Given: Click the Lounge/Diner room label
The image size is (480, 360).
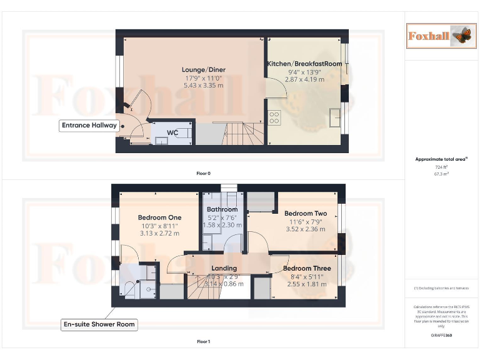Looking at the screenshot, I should point(203,69).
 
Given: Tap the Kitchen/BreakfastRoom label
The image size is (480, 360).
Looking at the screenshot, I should point(304,64).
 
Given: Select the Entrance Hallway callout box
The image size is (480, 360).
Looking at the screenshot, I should point(89,125).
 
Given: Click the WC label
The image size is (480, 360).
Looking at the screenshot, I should point(172,132).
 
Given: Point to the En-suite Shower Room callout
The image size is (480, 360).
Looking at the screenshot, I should point(99,324).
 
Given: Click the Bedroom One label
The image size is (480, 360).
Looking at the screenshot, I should point(159,217).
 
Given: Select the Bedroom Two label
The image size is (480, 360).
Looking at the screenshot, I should point(306,213).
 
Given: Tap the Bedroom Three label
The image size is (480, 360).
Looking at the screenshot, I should point(307,268).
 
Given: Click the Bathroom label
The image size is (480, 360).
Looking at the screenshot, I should point(222,209).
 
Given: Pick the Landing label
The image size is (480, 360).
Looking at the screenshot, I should point(224,268).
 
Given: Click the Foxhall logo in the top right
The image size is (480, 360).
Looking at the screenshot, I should point(438,36).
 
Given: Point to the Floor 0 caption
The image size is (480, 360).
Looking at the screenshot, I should point(203,173).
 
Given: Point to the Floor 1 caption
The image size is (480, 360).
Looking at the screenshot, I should point(203,342).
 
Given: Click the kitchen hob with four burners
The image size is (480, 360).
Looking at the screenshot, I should point(274,117).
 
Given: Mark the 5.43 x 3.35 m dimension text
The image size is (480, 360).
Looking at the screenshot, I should point(203,85).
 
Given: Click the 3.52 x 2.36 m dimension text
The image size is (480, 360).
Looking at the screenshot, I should point(306,229).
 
